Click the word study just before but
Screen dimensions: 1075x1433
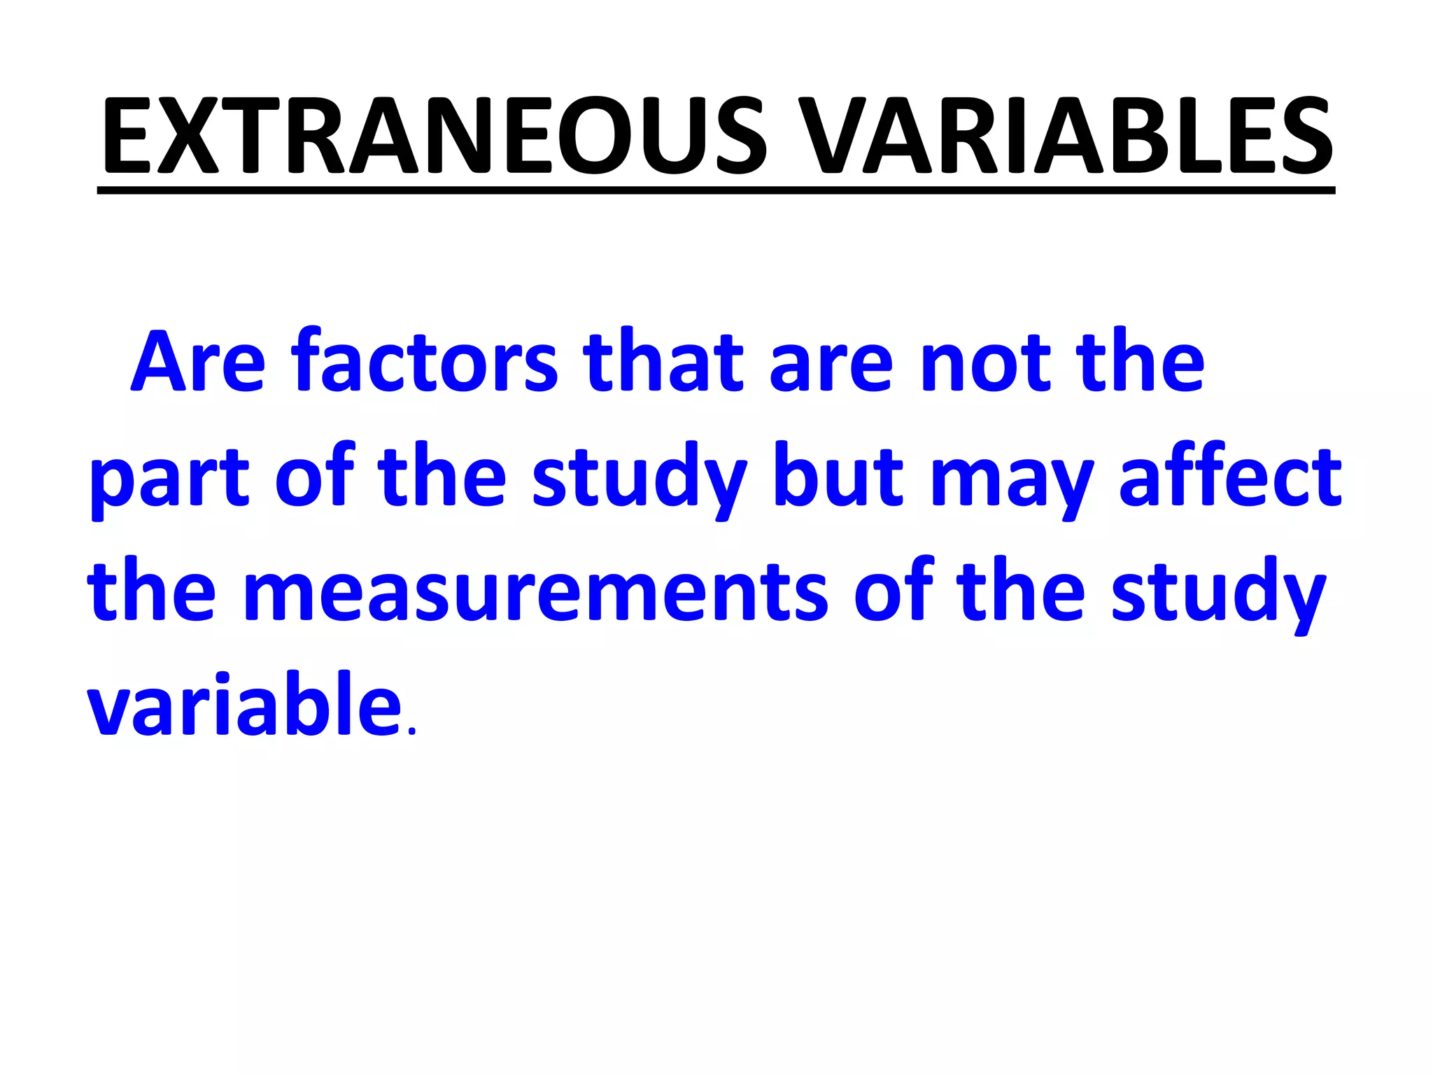[640, 480]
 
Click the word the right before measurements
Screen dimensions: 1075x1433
[151, 592]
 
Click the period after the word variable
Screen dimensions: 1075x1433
[411, 731]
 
